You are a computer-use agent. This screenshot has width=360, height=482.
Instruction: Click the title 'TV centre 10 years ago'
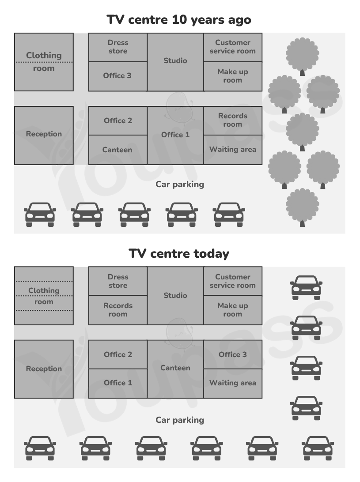coord(179,20)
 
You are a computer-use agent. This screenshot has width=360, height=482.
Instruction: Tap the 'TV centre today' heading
coord(179,254)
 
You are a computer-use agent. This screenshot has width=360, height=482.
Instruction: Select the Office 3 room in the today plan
coord(233,354)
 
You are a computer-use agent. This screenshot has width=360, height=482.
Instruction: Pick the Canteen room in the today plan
coord(175,369)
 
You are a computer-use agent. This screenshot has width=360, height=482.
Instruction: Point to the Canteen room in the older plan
coord(118,150)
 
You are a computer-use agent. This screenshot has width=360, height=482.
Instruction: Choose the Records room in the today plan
coord(118,310)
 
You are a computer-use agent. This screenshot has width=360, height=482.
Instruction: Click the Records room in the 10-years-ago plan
coord(233,120)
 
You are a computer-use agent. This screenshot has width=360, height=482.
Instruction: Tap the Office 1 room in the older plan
coord(175,135)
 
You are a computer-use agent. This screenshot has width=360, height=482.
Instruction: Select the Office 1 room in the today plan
coord(118,383)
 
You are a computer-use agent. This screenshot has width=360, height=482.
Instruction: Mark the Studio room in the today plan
coord(175,296)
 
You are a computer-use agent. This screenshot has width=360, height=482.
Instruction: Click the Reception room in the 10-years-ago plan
coord(44,135)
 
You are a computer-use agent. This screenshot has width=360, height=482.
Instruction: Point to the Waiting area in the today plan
coord(233,383)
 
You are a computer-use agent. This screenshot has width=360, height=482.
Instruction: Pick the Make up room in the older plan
coord(233,76)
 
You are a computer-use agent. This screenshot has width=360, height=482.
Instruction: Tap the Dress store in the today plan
coord(118,281)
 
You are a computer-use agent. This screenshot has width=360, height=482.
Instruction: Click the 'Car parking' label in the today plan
coord(180,420)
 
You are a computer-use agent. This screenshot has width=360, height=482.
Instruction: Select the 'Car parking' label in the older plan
coord(180,185)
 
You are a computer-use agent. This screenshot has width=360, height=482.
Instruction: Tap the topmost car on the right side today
coord(307,288)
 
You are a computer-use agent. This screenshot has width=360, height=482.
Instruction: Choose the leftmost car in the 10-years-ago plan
coord(40,215)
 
